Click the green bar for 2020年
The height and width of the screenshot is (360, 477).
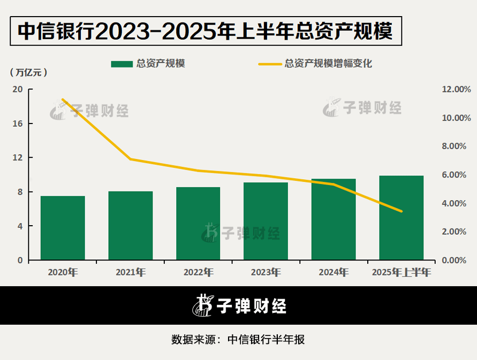63,228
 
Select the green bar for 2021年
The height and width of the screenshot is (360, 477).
131,226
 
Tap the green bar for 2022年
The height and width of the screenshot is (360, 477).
198,224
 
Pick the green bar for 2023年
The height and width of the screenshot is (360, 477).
266,221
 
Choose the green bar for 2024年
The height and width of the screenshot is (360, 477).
334,219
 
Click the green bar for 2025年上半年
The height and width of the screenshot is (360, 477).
401,218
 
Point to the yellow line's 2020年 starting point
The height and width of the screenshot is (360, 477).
63,99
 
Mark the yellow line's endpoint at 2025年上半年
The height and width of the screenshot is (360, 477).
401,211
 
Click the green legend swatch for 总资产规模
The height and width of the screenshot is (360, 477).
122,64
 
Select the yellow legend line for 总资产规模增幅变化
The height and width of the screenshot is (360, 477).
270,64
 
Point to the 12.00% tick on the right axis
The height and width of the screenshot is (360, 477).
456,89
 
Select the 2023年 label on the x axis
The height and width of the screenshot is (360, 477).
266,272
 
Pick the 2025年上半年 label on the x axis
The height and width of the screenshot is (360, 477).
401,272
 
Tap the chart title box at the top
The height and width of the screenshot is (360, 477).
206,31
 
